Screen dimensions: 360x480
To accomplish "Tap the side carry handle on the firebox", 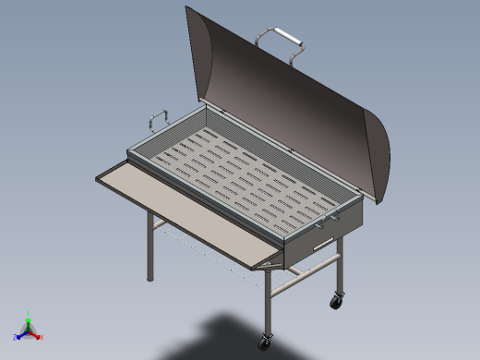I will click(154, 120).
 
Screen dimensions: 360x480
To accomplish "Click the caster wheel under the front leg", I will click(268, 340).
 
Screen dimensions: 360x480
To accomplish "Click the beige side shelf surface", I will click(185, 209).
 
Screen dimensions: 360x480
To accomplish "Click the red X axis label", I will click(41, 337).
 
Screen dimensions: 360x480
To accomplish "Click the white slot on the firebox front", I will click(320, 244).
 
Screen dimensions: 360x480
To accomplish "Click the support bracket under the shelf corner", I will click(268, 265).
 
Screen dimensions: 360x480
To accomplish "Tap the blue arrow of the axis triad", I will click(21, 333).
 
